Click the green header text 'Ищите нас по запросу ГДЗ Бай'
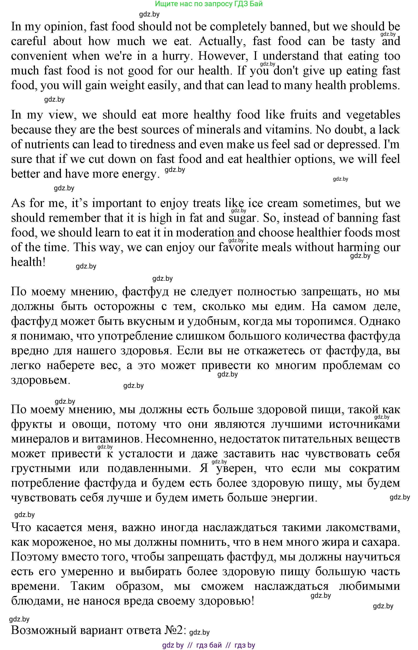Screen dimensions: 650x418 pos(209,4)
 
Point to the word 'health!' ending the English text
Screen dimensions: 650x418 pos(28,262)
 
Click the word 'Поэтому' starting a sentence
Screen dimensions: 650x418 pos(35,557)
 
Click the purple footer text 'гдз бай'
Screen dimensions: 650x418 pos(209,645)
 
